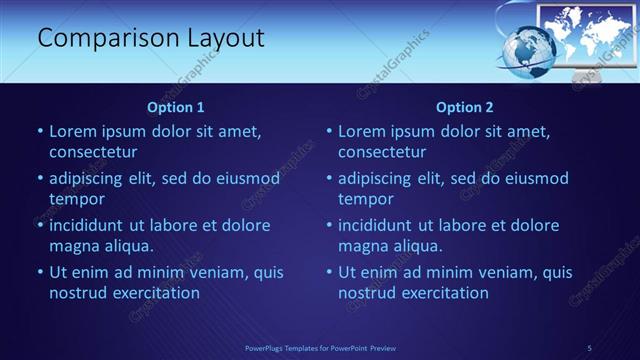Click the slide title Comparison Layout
(151, 39)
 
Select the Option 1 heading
(176, 107)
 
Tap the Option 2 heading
(465, 107)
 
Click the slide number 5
(590, 347)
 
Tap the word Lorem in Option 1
(73, 131)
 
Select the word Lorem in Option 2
(362, 131)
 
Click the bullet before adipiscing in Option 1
(40, 179)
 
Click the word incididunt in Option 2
(382, 225)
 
